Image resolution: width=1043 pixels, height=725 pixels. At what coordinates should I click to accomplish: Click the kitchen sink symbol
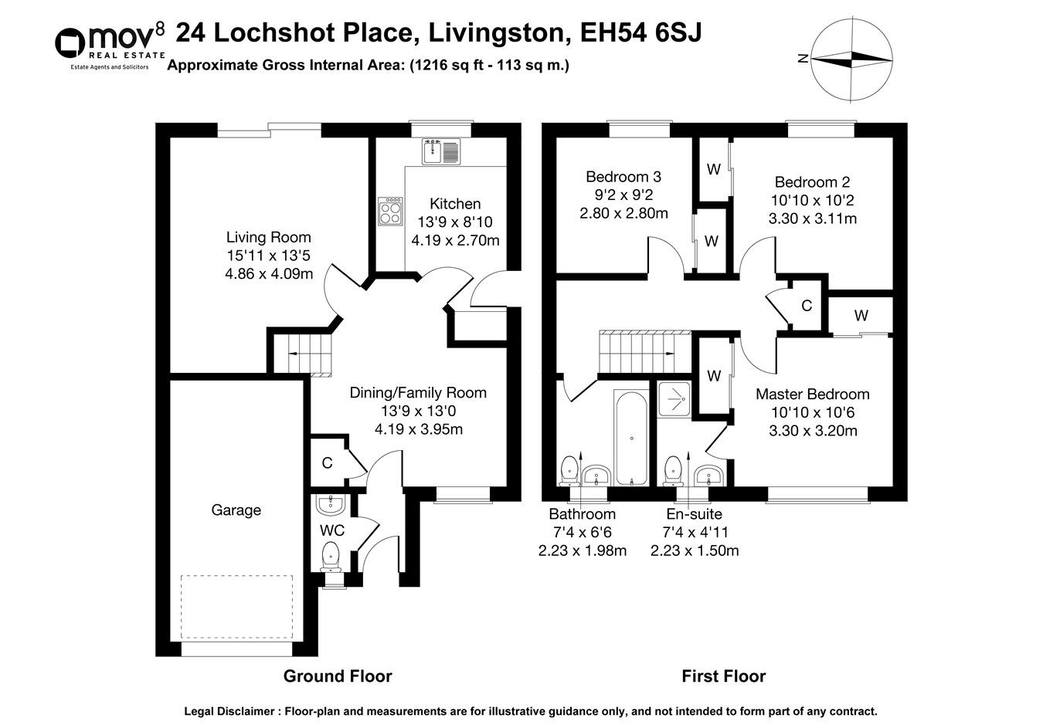click(x=441, y=151)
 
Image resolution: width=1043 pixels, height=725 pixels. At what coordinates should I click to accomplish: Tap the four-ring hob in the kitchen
click(x=390, y=212)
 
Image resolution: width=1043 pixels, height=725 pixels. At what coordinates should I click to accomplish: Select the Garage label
click(x=236, y=510)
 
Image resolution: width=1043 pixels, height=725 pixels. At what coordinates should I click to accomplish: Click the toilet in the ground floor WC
click(x=331, y=557)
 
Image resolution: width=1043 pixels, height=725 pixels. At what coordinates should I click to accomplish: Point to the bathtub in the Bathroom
click(x=631, y=439)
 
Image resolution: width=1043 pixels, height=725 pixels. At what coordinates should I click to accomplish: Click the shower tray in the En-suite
click(x=674, y=400)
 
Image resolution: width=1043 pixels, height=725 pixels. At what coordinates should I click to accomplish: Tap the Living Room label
click(x=269, y=237)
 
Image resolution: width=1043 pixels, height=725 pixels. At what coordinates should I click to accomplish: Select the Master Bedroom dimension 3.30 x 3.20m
click(x=813, y=430)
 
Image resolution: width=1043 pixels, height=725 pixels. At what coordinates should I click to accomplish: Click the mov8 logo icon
click(x=70, y=43)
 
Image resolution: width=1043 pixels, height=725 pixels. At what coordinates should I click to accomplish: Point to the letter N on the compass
click(x=803, y=59)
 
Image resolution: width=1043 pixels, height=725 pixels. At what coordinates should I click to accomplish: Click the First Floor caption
click(x=724, y=676)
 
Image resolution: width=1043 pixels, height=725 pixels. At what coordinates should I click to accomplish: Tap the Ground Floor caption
click(x=338, y=676)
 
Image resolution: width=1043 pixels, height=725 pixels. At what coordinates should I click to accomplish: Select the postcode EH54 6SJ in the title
click(x=640, y=32)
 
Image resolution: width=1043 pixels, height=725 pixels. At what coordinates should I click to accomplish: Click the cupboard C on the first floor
click(x=807, y=306)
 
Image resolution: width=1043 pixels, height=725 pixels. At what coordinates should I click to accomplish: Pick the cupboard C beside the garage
click(x=327, y=463)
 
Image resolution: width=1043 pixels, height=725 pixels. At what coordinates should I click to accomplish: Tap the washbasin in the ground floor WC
click(x=331, y=504)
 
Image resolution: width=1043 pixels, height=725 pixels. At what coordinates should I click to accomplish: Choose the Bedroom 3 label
click(x=623, y=177)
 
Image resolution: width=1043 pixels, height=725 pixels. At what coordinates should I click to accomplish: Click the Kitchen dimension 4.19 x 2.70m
click(x=455, y=241)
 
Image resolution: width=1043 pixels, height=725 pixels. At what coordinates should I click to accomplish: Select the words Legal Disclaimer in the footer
click(x=229, y=712)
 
